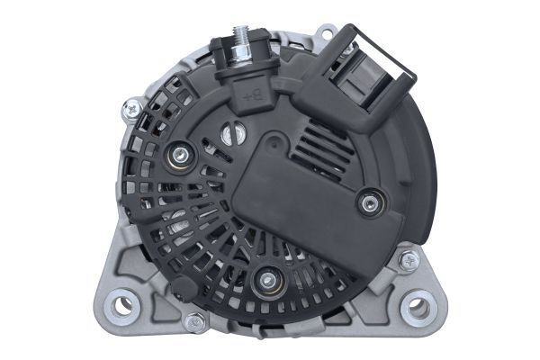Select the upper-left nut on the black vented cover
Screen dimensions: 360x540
pos(180,156)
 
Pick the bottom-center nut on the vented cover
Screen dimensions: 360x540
pos(265,280)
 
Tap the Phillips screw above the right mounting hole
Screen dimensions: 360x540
pos(409,260)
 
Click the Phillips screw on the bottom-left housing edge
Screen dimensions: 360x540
pos(193,320)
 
